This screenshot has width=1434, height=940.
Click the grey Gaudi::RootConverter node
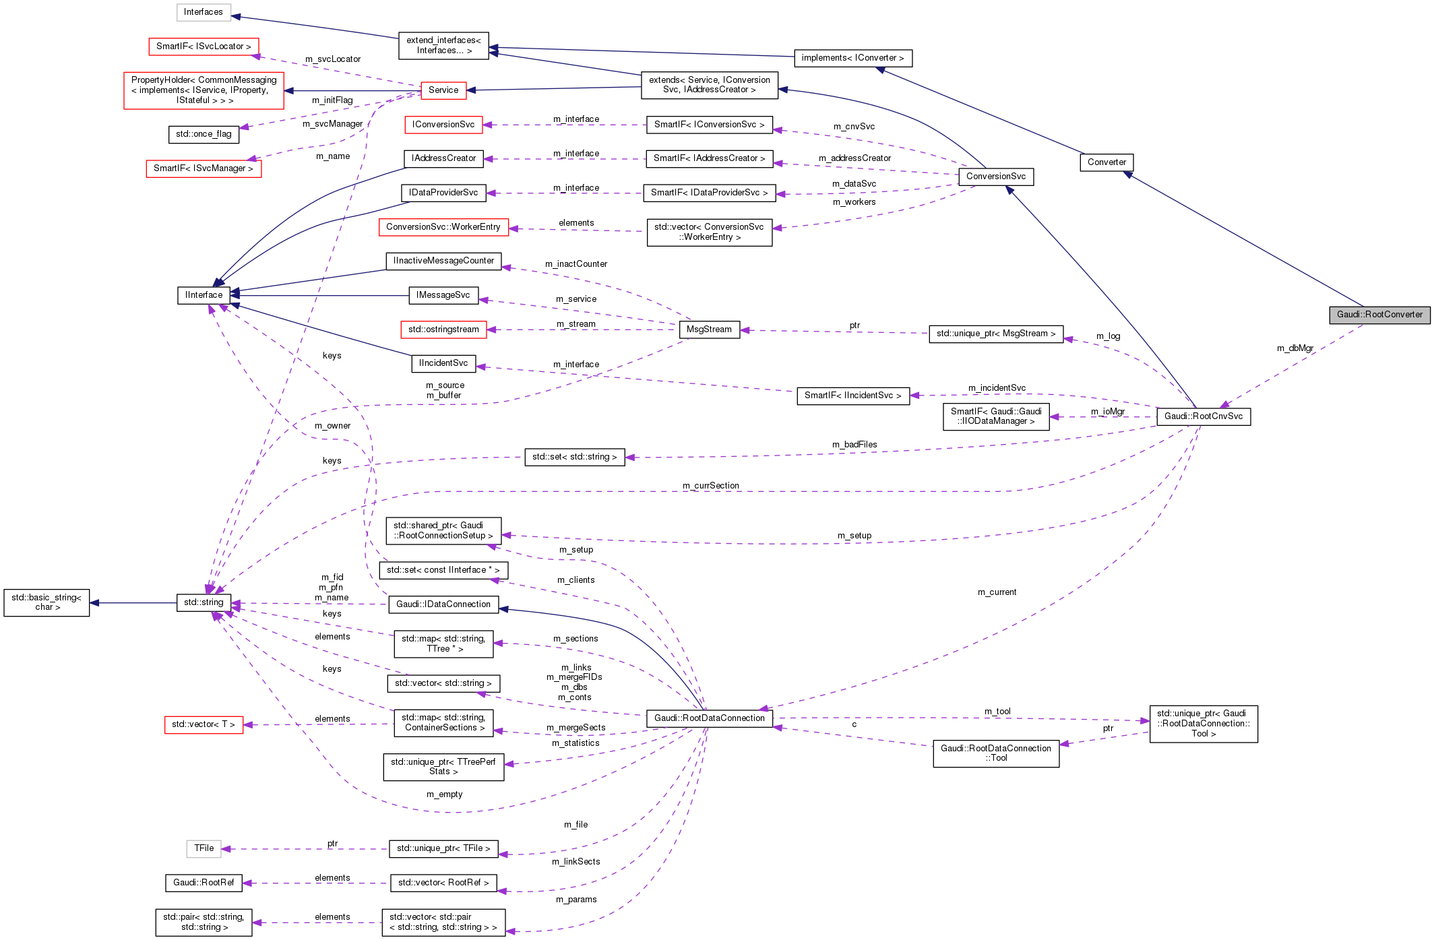click(x=1379, y=315)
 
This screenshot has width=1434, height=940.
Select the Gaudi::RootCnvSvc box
click(x=1203, y=416)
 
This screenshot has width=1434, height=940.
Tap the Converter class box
click(x=1106, y=162)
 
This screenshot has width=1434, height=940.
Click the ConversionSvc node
click(x=995, y=177)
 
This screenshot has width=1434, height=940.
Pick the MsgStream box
click(x=709, y=330)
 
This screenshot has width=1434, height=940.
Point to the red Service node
click(x=443, y=90)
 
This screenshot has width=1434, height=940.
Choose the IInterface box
click(x=204, y=295)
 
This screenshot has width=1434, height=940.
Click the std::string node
click(x=204, y=602)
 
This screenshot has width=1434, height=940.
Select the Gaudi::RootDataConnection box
click(x=709, y=718)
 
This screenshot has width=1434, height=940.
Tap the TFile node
click(x=204, y=848)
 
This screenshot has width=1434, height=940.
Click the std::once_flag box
click(x=203, y=134)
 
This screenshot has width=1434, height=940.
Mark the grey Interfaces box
click(x=203, y=12)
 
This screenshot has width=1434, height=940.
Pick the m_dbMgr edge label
click(x=1295, y=348)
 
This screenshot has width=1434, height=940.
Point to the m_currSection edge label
click(x=710, y=486)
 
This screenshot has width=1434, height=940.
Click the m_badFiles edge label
click(x=854, y=445)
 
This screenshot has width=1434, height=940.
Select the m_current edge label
click(x=997, y=592)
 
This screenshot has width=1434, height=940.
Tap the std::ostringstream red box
click(x=443, y=330)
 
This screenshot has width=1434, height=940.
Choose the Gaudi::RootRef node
click(x=204, y=883)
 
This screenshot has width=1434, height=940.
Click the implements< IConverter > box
click(x=852, y=58)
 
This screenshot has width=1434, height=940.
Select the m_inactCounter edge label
click(x=575, y=264)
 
